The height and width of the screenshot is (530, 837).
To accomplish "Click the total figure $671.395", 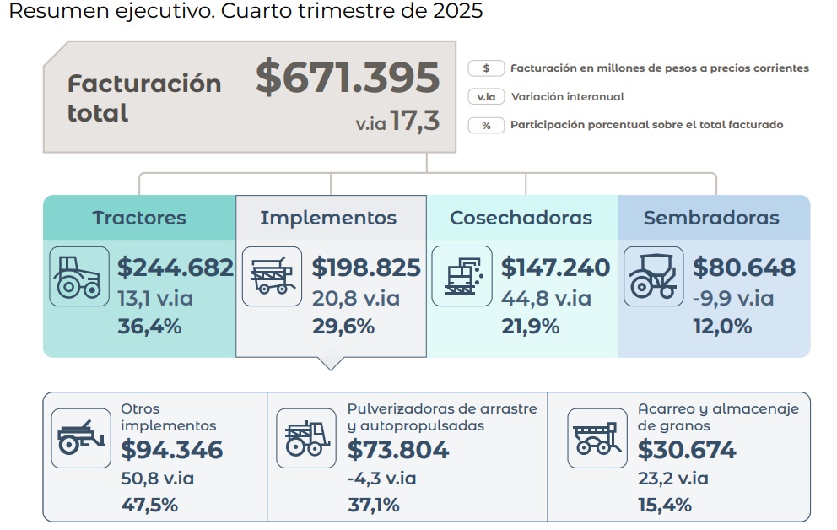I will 348,78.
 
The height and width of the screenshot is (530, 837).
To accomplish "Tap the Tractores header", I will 139,218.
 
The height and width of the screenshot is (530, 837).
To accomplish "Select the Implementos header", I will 328,218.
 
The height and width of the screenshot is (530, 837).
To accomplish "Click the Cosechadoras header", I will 521,218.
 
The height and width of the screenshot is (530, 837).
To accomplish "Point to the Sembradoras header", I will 711,218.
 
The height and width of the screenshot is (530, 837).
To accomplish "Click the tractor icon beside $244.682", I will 79,276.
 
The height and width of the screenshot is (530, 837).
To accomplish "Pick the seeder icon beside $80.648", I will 654,276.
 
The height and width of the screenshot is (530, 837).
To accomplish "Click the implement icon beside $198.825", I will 272,276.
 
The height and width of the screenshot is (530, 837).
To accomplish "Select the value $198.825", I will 366,268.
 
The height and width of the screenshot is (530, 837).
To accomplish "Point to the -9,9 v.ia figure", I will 732,298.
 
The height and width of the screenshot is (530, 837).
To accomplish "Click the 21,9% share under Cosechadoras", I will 530,327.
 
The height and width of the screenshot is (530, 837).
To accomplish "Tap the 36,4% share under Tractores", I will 149,327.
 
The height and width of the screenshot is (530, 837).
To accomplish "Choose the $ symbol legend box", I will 486,68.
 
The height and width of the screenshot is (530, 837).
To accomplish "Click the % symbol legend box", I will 486,125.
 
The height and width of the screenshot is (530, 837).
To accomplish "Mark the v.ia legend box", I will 486,97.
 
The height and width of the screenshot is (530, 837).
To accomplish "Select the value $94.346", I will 172,451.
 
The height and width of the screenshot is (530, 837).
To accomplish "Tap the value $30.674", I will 688,451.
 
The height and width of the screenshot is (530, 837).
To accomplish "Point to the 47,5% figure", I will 149,506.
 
